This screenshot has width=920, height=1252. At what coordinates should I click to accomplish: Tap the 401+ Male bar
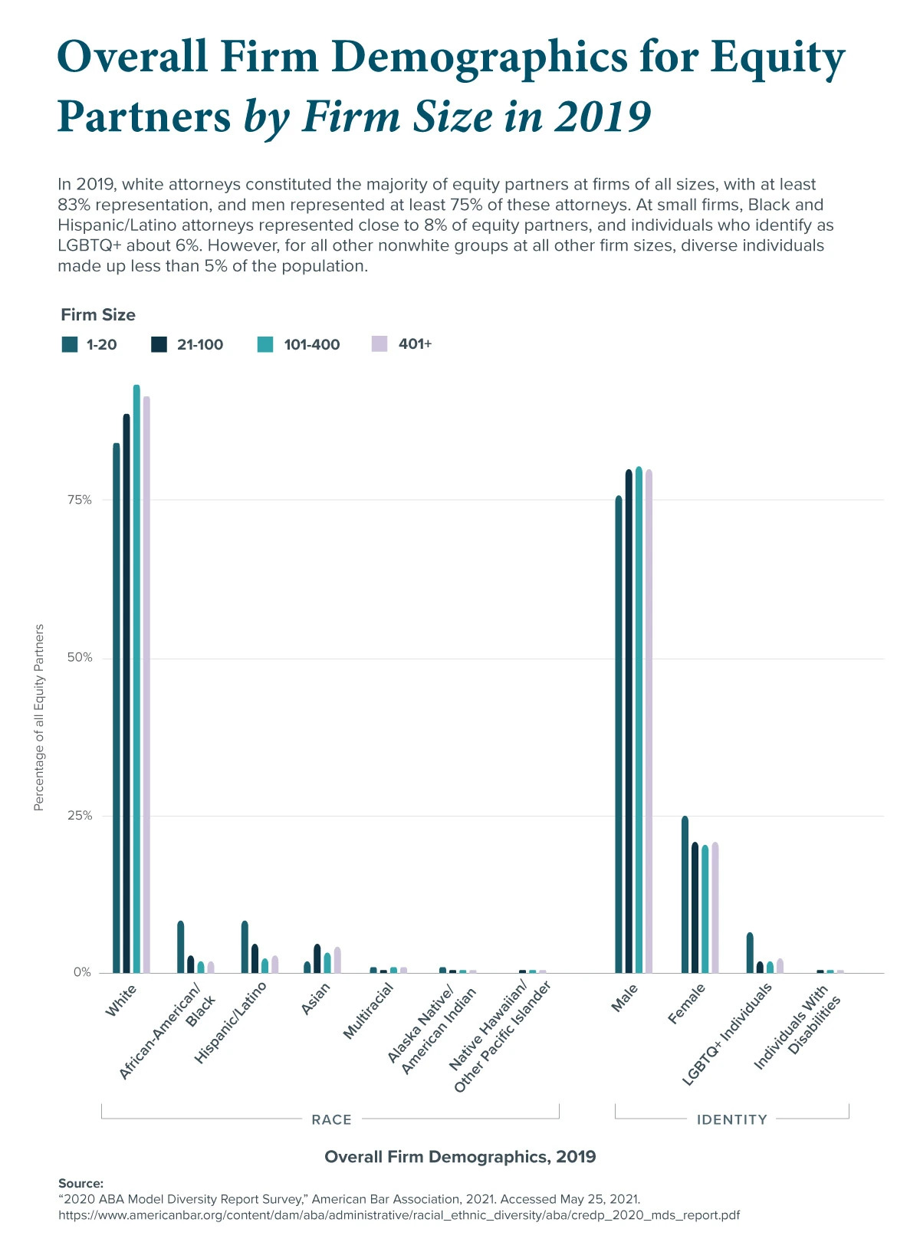click(x=649, y=721)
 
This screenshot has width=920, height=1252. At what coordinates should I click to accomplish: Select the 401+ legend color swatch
click(x=379, y=343)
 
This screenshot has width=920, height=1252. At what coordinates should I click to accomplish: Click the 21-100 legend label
click(x=200, y=345)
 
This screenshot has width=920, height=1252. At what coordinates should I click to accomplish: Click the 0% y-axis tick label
click(x=82, y=972)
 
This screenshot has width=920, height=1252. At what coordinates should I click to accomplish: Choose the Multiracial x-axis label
click(x=368, y=1010)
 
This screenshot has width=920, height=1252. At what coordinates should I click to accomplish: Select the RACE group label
click(x=331, y=1119)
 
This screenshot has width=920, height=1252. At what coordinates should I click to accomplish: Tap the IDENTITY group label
click(x=731, y=1119)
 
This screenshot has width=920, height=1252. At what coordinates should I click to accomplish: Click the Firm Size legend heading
click(x=98, y=315)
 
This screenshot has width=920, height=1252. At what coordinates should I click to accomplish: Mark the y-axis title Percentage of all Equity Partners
click(x=39, y=717)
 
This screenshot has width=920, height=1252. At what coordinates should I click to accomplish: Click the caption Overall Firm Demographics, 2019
click(x=460, y=1156)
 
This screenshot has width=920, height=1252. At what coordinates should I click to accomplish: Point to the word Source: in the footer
click(x=80, y=1183)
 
